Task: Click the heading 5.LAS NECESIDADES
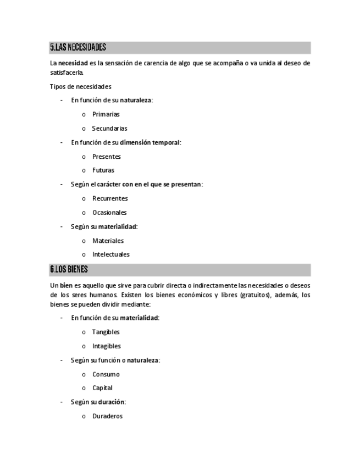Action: pos(78,48)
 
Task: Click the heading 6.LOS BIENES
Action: pos(69,270)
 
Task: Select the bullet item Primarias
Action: pos(106,114)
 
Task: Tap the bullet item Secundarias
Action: pos(109,129)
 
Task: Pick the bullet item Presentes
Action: pos(106,157)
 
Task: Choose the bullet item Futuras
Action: pos(103,170)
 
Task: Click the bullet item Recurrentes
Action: pos(110,198)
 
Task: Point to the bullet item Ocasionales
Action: pos(109,213)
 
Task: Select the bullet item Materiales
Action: pos(108,241)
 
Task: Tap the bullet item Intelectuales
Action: pos(111,254)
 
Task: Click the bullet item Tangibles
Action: pos(106,332)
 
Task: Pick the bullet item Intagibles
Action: pos(107,346)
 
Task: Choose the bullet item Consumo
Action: pos(106,374)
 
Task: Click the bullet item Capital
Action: pos(102,388)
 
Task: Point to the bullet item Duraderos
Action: pos(107,416)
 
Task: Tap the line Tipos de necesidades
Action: pos(80,86)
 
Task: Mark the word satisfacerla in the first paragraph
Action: pos(67,72)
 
